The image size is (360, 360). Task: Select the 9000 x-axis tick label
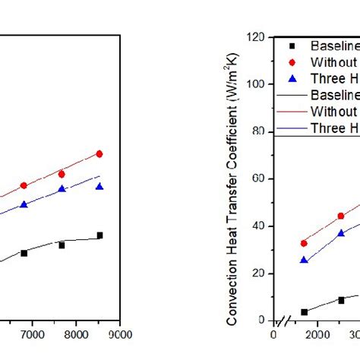pos(119,332)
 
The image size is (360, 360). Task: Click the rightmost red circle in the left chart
pos(99,154)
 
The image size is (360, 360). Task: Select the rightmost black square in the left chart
pos(99,235)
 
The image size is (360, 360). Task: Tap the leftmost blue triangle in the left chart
pos(24,205)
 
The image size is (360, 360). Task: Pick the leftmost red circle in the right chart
pos(304,243)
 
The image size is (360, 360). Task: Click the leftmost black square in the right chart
pos(304,312)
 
